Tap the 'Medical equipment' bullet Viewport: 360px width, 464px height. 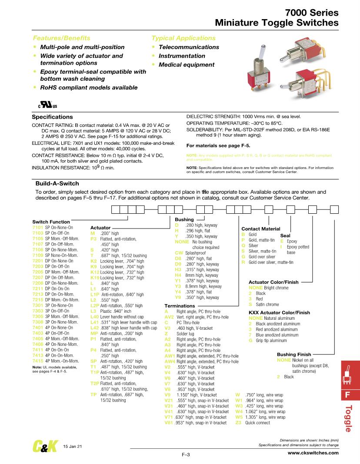(186, 65)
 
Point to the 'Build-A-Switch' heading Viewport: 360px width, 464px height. (56, 183)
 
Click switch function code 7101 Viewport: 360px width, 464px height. (38, 227)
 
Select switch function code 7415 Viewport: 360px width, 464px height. (38, 361)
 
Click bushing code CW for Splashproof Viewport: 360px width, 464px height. (178, 252)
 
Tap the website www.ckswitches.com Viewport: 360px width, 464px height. (313, 453)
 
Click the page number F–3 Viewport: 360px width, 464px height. (186, 454)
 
